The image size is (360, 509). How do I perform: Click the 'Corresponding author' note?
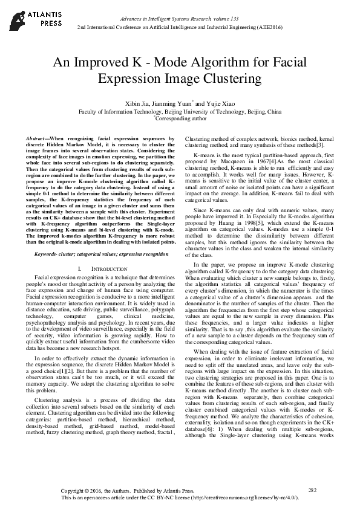point(180,120)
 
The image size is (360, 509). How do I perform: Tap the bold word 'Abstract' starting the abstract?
point(38,139)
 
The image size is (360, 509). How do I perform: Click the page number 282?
point(312,489)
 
